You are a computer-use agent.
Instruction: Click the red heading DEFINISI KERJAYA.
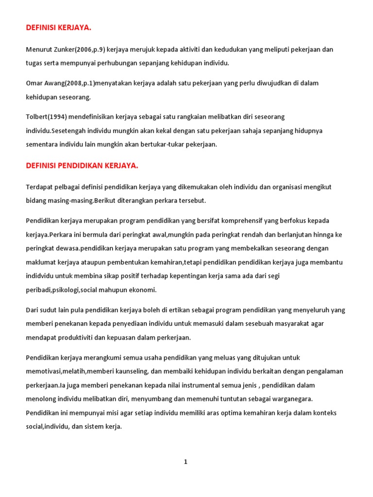click(x=58, y=28)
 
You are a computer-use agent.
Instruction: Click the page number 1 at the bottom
click(x=185, y=462)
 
